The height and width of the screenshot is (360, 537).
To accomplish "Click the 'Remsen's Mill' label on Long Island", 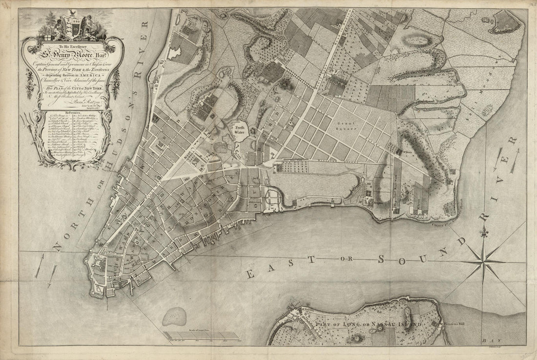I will point(458,323).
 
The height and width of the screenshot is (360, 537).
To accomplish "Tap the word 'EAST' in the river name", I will point(271,270).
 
